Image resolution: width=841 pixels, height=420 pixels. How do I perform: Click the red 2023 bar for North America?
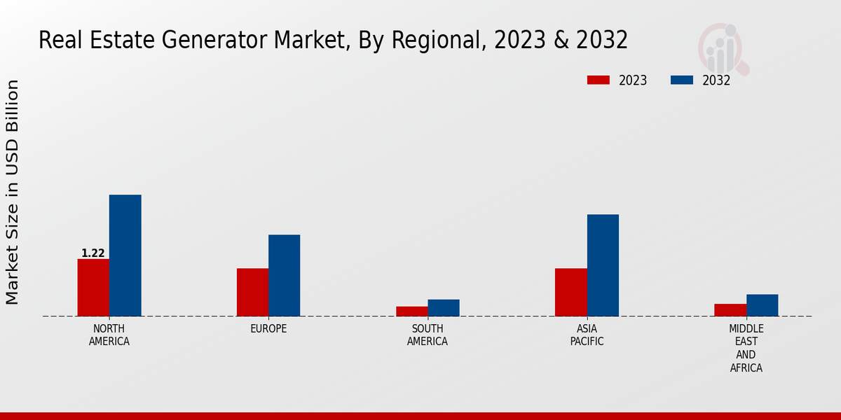93,288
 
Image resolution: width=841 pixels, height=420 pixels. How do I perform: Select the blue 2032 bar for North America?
125,255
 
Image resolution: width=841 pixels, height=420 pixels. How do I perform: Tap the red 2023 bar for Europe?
252,292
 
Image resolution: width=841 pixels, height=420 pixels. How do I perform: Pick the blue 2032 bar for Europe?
284,275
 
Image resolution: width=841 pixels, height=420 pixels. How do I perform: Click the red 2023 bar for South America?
411,311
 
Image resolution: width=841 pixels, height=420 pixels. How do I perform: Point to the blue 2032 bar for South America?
444,308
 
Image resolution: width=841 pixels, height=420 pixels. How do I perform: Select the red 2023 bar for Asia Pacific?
570,292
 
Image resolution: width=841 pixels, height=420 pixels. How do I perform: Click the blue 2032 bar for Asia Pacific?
603,265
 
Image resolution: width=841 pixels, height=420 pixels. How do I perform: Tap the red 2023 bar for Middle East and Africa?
730,310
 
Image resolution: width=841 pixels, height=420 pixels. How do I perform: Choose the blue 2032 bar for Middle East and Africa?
762,305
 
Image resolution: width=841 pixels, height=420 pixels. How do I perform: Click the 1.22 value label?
93,253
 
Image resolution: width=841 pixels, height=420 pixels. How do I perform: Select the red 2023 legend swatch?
598,80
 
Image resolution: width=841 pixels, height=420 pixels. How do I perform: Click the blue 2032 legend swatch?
682,80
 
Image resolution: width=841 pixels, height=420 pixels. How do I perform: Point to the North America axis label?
109,335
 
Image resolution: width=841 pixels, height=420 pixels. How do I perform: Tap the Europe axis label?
268,329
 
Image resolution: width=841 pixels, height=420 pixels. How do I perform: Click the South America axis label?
428,335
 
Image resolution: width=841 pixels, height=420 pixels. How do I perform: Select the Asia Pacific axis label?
587,335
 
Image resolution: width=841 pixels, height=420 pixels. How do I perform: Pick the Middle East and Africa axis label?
746,348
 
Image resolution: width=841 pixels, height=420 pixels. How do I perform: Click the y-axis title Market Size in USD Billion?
13,192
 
